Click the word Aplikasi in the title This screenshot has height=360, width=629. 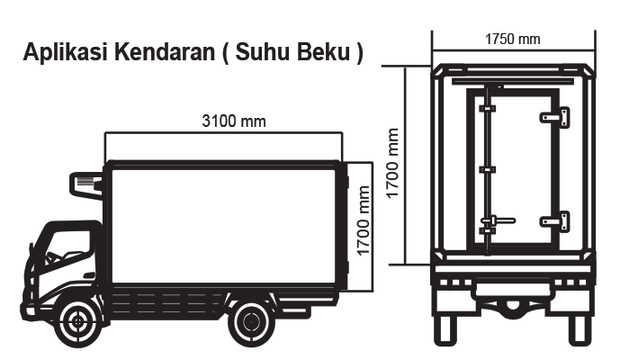tap(66, 52)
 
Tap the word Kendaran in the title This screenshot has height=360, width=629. tap(165, 52)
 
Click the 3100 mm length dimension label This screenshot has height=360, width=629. tap(234, 121)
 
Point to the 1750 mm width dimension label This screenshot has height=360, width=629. tap(513, 39)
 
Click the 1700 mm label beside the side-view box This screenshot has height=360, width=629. tap(363, 220)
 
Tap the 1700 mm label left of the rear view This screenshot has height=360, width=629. tap(392, 163)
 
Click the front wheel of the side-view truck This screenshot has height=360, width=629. tap(78, 321)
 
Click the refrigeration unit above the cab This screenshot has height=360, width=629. tap(86, 184)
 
